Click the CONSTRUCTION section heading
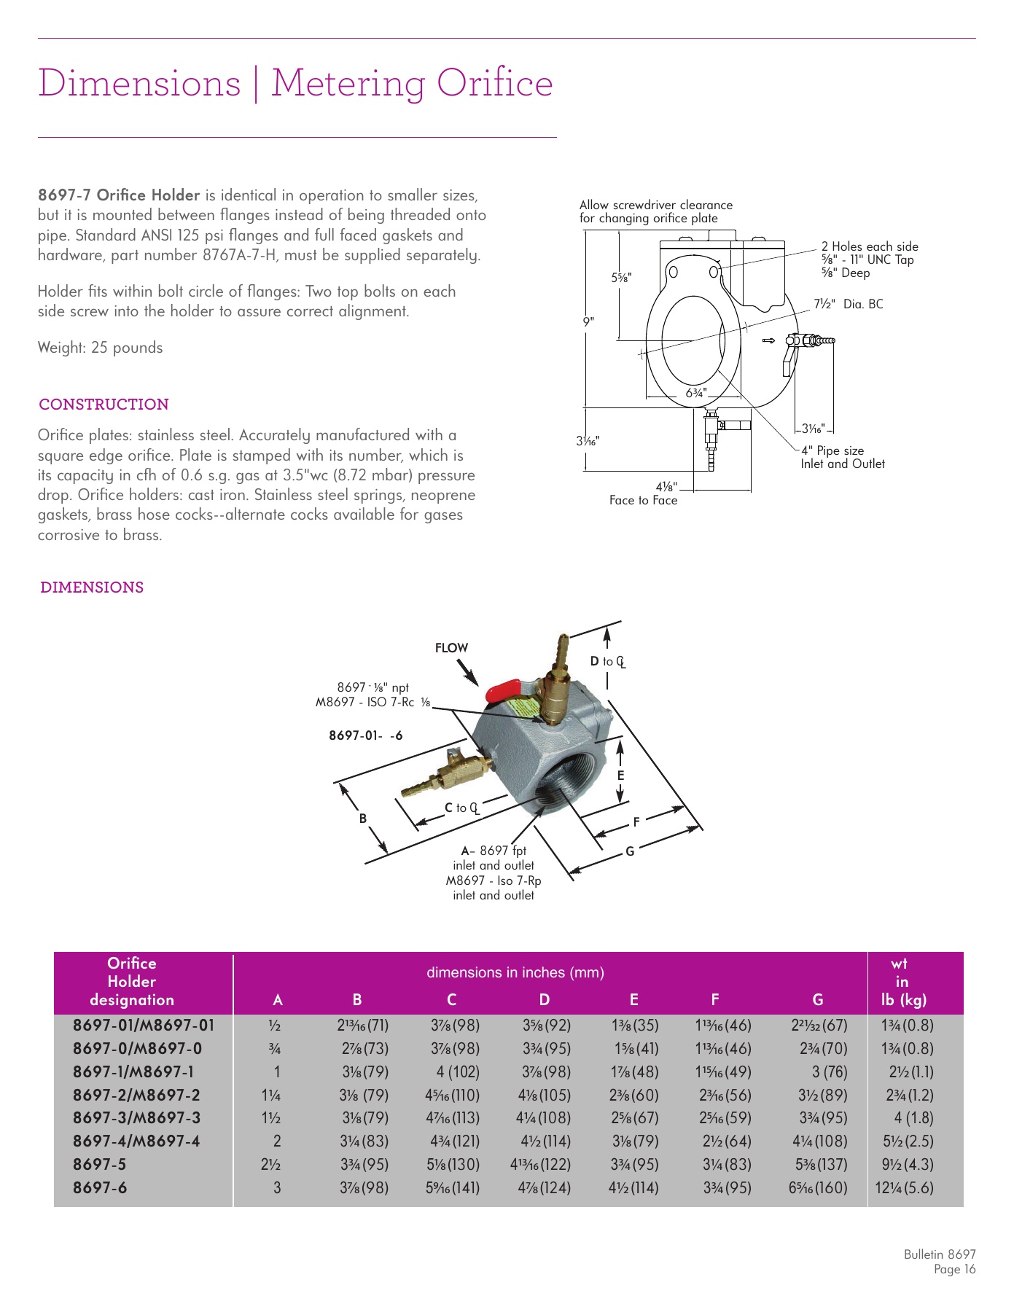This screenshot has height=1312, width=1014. pos(104,405)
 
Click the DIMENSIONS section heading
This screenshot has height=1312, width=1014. pos(92,587)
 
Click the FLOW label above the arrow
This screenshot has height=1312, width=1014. pos(451,648)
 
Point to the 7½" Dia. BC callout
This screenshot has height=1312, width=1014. pos(848,304)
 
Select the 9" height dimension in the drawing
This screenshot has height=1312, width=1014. pos(589,321)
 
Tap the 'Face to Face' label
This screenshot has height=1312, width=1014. pos(644,501)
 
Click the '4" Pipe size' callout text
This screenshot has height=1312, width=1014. pos(832,450)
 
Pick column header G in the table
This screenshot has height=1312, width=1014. pos(818,1000)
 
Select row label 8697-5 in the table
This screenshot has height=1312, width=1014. pos(99,1164)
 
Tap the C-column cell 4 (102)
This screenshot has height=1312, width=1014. pos(452,1071)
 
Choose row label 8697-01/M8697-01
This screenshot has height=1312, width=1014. pos(144,1025)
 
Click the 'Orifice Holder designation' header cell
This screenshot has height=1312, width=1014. pos(132,982)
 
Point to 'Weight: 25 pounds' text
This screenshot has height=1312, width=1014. pos(101,348)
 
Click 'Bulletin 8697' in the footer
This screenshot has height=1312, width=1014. pos(939,1254)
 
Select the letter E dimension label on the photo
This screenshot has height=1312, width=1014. pos(620,776)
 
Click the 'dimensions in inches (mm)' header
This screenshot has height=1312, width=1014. pos(515,972)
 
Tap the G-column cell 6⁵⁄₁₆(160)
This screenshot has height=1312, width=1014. pos(818,1187)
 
